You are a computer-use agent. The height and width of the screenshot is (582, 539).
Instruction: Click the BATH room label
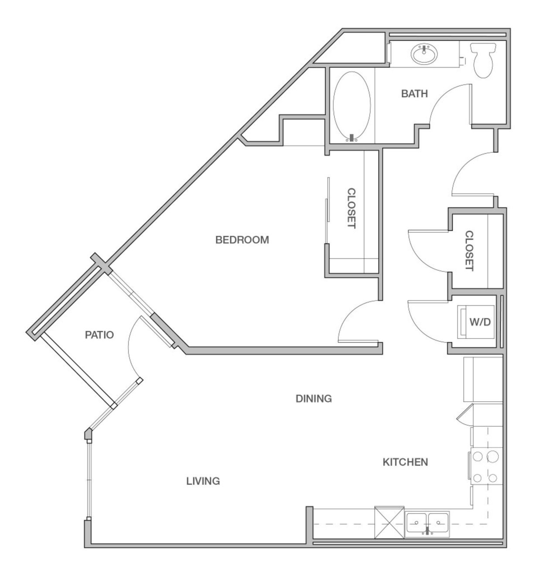(x=414, y=93)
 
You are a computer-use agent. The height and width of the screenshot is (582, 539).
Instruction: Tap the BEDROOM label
(x=242, y=240)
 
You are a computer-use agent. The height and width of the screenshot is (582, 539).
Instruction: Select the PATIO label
(x=99, y=335)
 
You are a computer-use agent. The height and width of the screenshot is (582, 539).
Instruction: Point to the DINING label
(x=314, y=398)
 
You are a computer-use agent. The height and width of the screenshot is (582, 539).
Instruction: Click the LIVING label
(x=203, y=481)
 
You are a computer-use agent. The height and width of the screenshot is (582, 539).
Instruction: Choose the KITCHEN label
(x=405, y=462)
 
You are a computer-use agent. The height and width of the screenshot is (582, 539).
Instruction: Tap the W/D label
(x=480, y=322)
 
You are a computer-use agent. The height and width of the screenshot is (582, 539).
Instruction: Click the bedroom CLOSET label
(x=351, y=208)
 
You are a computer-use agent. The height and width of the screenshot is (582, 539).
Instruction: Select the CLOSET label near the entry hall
(x=469, y=251)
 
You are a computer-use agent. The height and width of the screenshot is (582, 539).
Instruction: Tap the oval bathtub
(x=352, y=105)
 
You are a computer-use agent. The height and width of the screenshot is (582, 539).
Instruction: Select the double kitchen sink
(x=427, y=522)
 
